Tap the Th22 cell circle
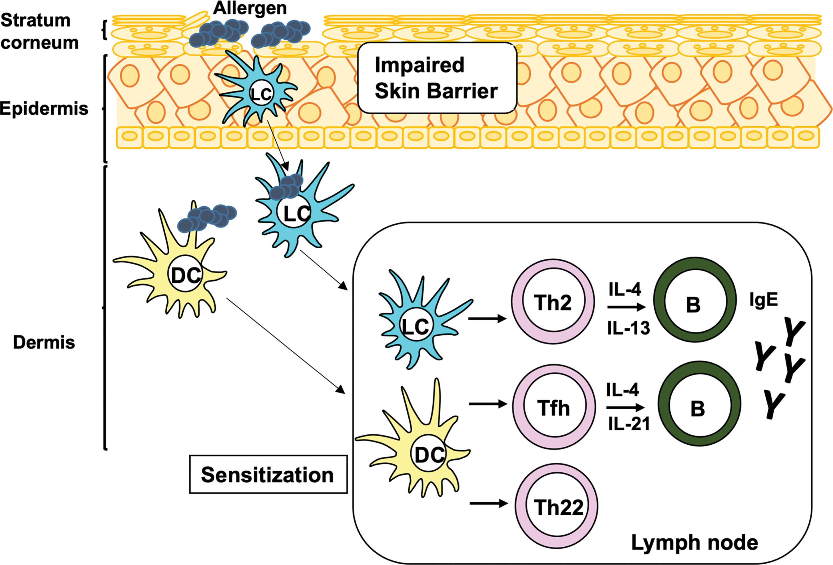point(557,506)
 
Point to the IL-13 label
point(628,328)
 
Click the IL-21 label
point(629,424)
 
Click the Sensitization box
point(268,475)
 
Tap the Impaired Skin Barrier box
point(437,78)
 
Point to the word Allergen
point(250,8)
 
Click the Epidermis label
point(44,108)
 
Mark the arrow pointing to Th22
point(488,504)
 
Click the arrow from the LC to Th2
point(487,318)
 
